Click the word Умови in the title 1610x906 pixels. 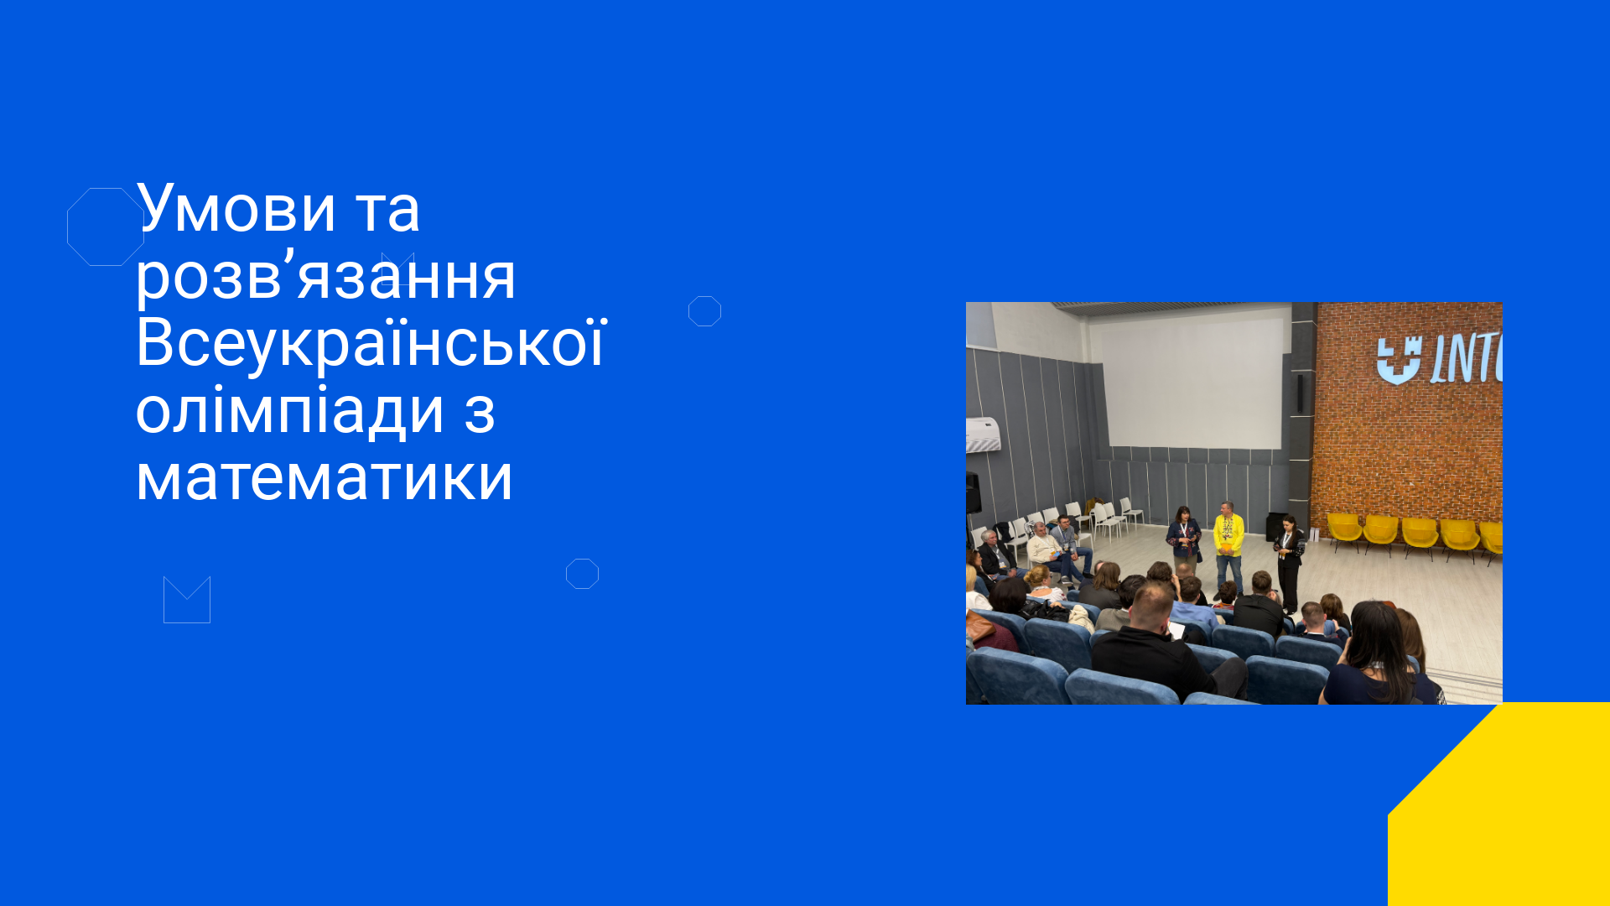click(236, 208)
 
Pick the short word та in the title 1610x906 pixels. click(387, 210)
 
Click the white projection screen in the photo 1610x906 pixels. click(1192, 377)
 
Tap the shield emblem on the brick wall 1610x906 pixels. click(1398, 360)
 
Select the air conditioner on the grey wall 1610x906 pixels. click(983, 435)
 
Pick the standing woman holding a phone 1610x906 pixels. click(1289, 562)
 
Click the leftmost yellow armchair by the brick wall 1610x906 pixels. click(1344, 533)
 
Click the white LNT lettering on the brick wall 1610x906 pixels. click(1466, 361)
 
